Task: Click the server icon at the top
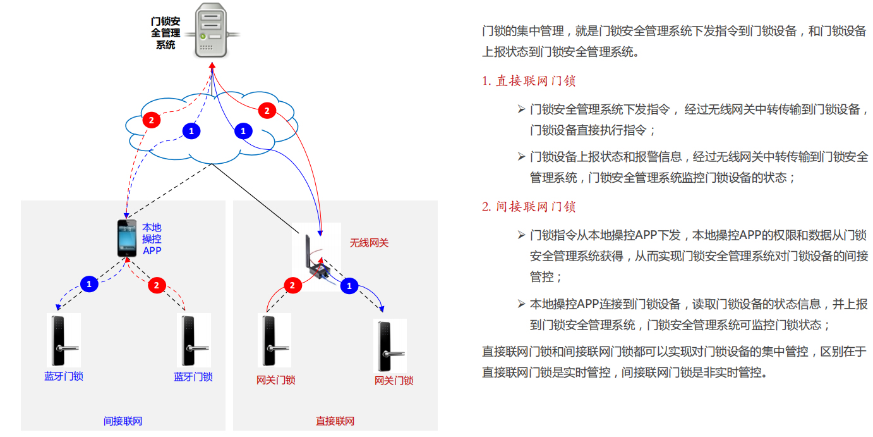(x=211, y=30)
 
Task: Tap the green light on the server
(x=203, y=37)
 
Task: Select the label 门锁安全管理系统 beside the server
(x=166, y=33)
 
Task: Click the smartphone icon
(x=127, y=238)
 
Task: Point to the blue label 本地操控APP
(x=152, y=239)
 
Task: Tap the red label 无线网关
(x=369, y=243)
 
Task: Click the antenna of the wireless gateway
(x=308, y=250)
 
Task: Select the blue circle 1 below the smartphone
(x=89, y=284)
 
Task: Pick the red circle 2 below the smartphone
(x=157, y=285)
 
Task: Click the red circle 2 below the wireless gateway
(x=292, y=286)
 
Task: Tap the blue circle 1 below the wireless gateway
(x=349, y=286)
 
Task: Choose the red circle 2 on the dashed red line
(x=151, y=120)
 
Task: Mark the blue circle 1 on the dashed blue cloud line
(x=191, y=131)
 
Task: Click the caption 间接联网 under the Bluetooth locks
(x=123, y=421)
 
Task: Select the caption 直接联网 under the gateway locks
(x=335, y=421)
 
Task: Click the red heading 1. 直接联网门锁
(x=529, y=81)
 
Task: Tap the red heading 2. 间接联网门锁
(x=529, y=206)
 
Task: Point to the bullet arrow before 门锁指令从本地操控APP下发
(x=521, y=235)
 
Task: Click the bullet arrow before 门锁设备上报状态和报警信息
(x=521, y=157)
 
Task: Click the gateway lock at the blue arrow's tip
(x=390, y=346)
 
